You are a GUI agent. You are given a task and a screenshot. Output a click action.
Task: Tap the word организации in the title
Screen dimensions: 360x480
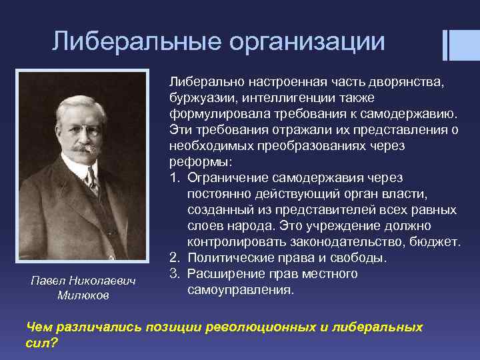[x=306, y=42]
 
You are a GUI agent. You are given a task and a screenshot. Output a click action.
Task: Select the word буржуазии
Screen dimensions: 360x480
[x=197, y=97]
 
